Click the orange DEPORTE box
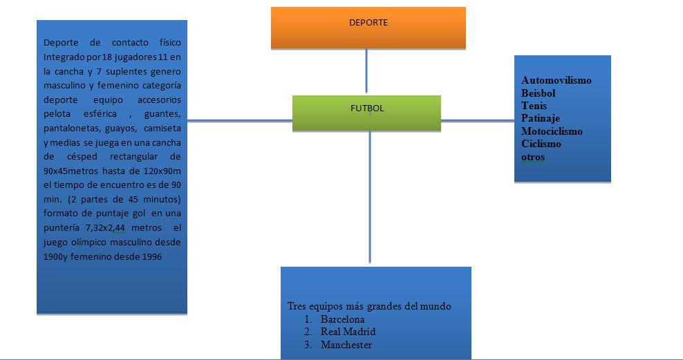(x=368, y=28)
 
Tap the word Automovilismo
(x=556, y=80)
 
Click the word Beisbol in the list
(x=539, y=93)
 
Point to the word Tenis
(x=534, y=106)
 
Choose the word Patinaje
(x=541, y=118)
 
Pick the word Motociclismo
(x=552, y=131)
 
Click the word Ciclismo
(x=541, y=144)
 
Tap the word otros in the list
(x=533, y=157)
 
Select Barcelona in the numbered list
(x=342, y=319)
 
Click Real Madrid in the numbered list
(x=348, y=332)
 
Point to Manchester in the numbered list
(x=346, y=345)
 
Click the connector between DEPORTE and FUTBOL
(x=366, y=72)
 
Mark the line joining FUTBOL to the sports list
(x=477, y=121)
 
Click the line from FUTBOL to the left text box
(x=239, y=121)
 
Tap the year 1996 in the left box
(x=151, y=257)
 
